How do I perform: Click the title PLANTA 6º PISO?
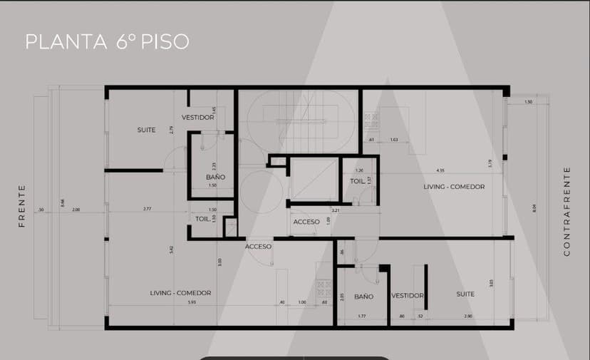coord(107,41)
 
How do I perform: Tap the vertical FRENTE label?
coord(22,206)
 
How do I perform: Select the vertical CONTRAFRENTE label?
coord(567,211)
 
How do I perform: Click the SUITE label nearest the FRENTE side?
coord(147,130)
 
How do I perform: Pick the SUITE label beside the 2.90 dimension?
coord(466,294)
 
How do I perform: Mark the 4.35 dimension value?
coord(440,170)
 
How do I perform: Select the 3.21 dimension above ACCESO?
coord(334,211)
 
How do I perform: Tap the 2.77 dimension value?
coord(147,209)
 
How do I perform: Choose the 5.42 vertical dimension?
coord(172,250)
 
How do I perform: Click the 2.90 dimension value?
coord(467,315)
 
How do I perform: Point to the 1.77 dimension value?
coord(361,315)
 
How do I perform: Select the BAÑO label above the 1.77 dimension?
coord(363,296)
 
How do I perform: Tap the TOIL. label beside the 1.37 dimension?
coord(357,181)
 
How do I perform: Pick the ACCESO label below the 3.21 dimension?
coord(306,222)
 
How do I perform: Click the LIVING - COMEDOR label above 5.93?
coord(180,293)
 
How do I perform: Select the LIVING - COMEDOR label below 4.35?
coord(453,187)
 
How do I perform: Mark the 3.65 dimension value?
coord(492,283)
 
